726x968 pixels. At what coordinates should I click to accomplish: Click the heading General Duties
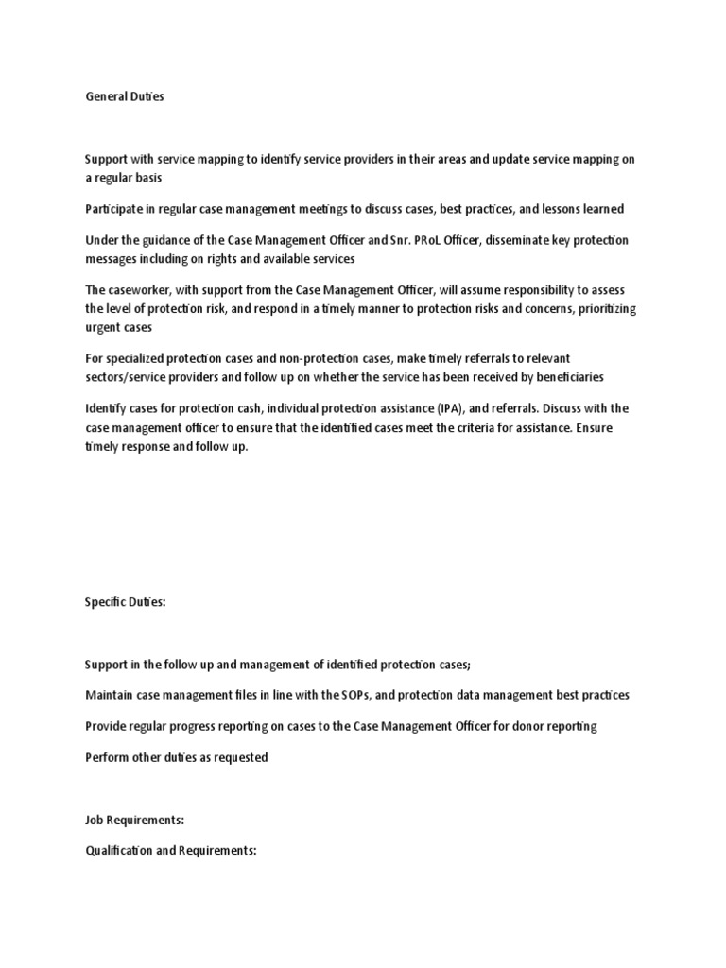[x=124, y=96]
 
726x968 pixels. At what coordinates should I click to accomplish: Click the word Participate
[x=115, y=209]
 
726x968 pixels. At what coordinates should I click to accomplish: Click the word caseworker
[x=140, y=290]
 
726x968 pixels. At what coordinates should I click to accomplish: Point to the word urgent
[x=101, y=327]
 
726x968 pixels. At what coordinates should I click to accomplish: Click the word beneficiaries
[x=570, y=376]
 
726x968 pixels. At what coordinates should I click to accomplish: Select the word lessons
[x=563, y=209]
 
